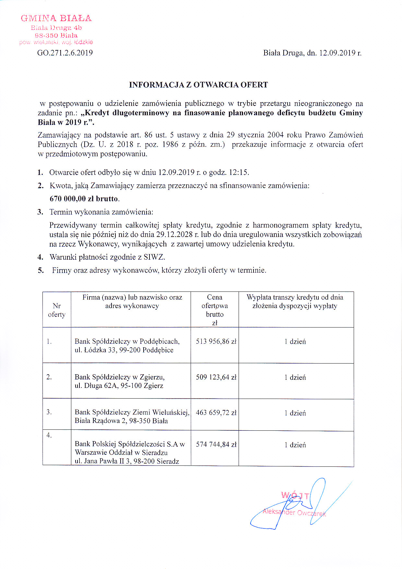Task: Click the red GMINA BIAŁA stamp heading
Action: pyautogui.click(x=56, y=18)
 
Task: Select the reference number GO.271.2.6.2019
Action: pyautogui.click(x=65, y=53)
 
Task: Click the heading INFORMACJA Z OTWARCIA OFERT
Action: pyautogui.click(x=198, y=85)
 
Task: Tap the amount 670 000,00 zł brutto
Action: pyautogui.click(x=84, y=199)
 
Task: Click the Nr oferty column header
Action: pyautogui.click(x=57, y=310)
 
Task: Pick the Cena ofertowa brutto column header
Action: pyautogui.click(x=215, y=310)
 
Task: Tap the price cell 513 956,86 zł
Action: pyautogui.click(x=216, y=341)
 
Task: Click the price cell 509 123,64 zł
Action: pyautogui.click(x=216, y=377)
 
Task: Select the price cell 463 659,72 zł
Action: pyautogui.click(x=216, y=413)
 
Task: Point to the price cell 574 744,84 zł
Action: pyautogui.click(x=216, y=445)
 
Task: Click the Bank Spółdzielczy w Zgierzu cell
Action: pyautogui.click(x=120, y=381)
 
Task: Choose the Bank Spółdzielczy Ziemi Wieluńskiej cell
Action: pyautogui.click(x=132, y=416)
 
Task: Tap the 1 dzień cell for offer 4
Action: pyautogui.click(x=295, y=445)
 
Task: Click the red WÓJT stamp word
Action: pyautogui.click(x=295, y=496)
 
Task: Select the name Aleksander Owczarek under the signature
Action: pyautogui.click(x=294, y=513)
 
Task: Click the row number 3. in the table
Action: pyautogui.click(x=49, y=412)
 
